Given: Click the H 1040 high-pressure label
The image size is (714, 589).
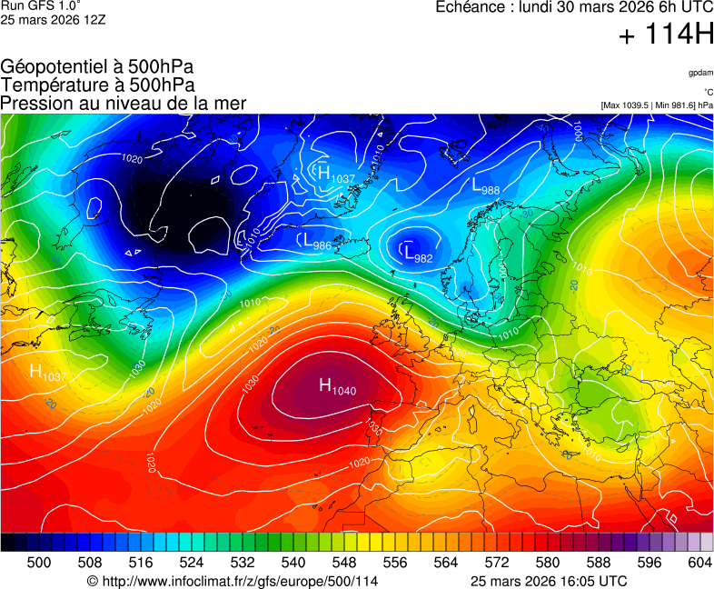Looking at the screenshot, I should coord(337,386).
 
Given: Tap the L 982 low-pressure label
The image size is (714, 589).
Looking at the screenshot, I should coord(418,254).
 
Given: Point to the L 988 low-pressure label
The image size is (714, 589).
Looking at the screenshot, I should coord(485,185).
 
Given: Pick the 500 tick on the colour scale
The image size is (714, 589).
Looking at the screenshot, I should coord(39,563).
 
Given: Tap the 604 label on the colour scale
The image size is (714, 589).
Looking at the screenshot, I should coord(699,563).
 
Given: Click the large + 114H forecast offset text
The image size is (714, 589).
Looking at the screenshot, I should coord(666,35).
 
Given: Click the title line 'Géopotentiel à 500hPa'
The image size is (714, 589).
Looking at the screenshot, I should coord(97,67).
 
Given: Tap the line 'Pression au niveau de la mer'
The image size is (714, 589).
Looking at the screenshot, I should coord(124,103).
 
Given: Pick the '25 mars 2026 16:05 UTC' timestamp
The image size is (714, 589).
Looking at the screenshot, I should coord(549,581).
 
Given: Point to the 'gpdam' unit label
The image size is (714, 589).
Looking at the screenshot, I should coord(699,72).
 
